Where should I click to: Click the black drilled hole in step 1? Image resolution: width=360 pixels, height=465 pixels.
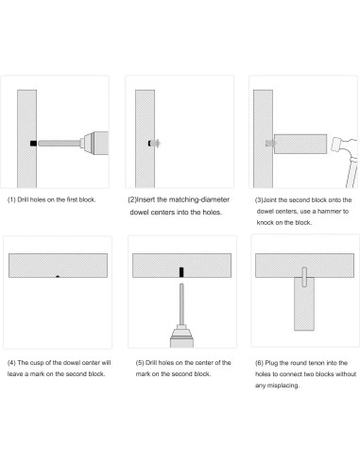tap(33, 144)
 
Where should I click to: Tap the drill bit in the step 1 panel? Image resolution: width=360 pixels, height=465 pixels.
tap(60, 144)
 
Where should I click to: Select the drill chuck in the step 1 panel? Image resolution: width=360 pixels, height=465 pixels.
tap(94, 144)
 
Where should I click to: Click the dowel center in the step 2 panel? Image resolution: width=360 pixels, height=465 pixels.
tap(154, 144)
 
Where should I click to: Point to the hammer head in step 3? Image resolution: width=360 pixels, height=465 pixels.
tap(343, 147)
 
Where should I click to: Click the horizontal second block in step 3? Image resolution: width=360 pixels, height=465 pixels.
tap(300, 144)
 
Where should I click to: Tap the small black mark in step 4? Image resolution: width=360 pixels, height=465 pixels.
tap(58, 277)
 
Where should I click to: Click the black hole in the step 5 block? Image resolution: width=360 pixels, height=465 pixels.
tap(181, 272)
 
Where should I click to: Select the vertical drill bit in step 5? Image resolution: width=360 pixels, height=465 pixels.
tap(181, 304)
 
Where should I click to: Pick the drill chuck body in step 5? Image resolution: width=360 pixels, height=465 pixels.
tap(181, 337)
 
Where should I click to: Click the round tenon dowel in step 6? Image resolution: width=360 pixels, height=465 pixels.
tap(304, 277)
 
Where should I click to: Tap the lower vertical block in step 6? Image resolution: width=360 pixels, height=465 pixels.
tap(304, 304)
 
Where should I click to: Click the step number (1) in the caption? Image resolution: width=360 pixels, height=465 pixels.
tap(11, 199)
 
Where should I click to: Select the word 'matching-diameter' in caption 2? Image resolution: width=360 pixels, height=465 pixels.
tap(199, 199)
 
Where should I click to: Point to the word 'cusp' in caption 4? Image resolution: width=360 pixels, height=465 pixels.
tap(37, 363)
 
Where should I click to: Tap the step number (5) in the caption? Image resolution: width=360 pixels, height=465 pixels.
tap(140, 363)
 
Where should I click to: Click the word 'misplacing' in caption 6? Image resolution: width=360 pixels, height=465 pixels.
tap(283, 386)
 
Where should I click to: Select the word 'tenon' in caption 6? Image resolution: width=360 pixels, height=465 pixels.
tap(317, 363)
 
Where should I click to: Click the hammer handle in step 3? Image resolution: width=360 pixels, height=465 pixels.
tap(352, 173)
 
